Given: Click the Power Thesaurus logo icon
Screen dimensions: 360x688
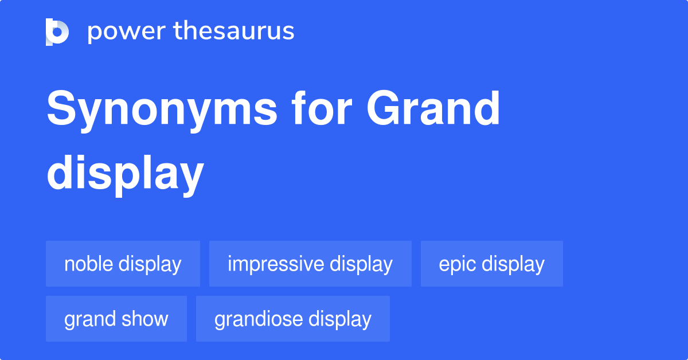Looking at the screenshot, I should coord(57,32).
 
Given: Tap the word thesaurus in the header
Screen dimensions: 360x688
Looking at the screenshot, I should coord(234,32).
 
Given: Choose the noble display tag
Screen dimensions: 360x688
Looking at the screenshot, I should coord(123,264).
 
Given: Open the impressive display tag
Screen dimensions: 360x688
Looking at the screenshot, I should coord(310,264).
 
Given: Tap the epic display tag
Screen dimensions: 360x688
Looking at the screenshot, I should coord(491,264).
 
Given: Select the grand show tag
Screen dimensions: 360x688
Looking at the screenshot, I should coord(116,319).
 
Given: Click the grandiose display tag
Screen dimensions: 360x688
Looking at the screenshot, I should coord(292,319).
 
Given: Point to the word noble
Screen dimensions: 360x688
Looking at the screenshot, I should coord(89,264).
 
